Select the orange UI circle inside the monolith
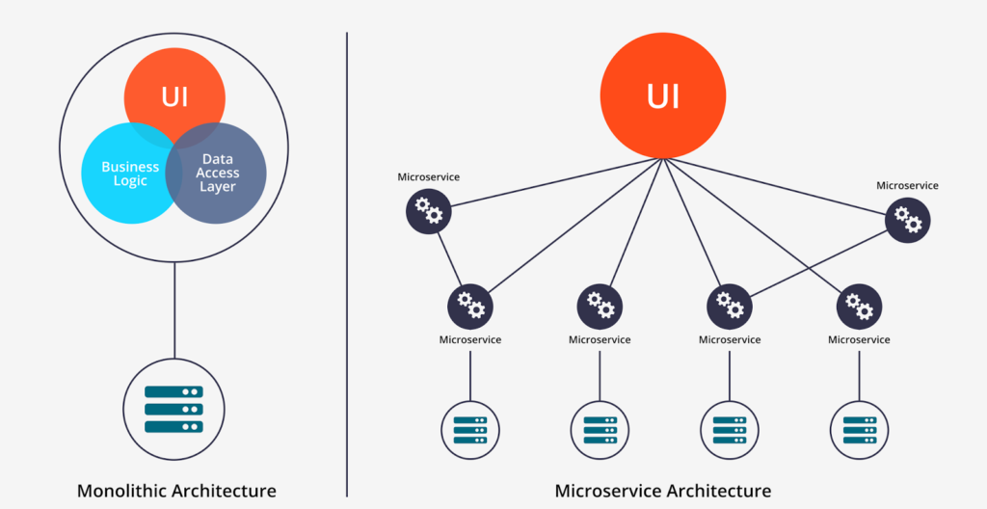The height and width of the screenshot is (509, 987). pyautogui.click(x=174, y=96)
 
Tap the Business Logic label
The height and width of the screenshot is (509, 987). pyautogui.click(x=130, y=174)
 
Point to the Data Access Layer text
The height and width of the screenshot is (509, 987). pyautogui.click(x=218, y=173)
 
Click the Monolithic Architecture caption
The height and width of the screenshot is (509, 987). pyautogui.click(x=176, y=491)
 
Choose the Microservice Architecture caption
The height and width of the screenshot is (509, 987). pyautogui.click(x=663, y=491)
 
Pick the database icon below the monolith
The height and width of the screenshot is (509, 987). pyautogui.click(x=174, y=409)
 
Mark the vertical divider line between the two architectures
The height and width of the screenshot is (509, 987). pyautogui.click(x=346, y=260)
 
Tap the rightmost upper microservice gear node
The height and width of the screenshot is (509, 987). pyautogui.click(x=907, y=219)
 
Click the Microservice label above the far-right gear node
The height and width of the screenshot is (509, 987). pyautogui.click(x=907, y=185)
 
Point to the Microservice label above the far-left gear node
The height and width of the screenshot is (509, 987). pyautogui.click(x=429, y=177)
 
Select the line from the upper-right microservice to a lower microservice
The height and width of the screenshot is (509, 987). pyautogui.click(x=819, y=261)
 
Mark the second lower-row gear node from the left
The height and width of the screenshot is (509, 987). pyautogui.click(x=600, y=306)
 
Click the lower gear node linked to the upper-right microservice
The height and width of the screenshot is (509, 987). pyautogui.click(x=730, y=306)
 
